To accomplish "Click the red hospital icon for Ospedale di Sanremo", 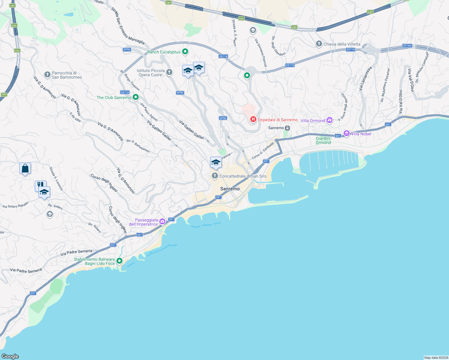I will (253, 120).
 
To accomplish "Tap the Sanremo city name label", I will (230, 189).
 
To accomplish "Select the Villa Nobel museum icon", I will (347, 133).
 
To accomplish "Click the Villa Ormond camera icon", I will (330, 120).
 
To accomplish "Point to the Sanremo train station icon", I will (287, 128).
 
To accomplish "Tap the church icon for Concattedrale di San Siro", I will (215, 176).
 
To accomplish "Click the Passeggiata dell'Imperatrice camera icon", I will (162, 222).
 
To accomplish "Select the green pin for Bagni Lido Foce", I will (119, 261).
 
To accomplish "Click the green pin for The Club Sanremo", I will (136, 97).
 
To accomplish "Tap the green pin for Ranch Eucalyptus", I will (185, 52).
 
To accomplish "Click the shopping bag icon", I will (25, 168).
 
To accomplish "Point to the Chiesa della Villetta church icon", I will (319, 44).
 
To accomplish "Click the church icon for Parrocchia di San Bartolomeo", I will (47, 75).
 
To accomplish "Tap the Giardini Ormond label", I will (323, 140).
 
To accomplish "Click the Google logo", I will (10, 356).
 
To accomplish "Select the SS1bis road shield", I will (407, 46).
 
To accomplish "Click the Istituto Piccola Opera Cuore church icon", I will (169, 72).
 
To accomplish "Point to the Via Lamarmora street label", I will (365, 79).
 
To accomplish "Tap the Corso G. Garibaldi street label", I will (263, 151).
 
